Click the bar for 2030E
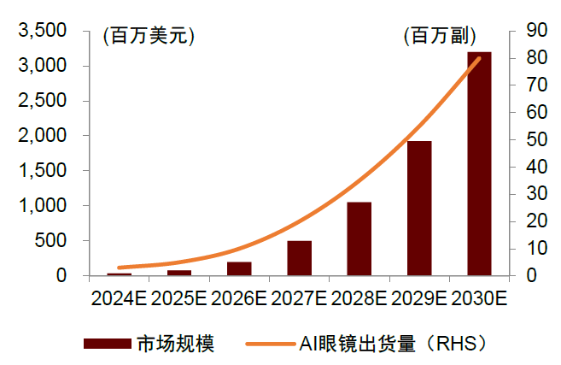coord(479,164)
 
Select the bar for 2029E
coord(419,209)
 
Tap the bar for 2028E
coord(359,239)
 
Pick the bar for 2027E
coord(299,258)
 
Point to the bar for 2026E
coord(239,268)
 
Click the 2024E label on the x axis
coord(119,298)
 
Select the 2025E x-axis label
coord(179,298)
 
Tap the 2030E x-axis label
coord(479,298)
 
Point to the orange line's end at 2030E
coord(479,58)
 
